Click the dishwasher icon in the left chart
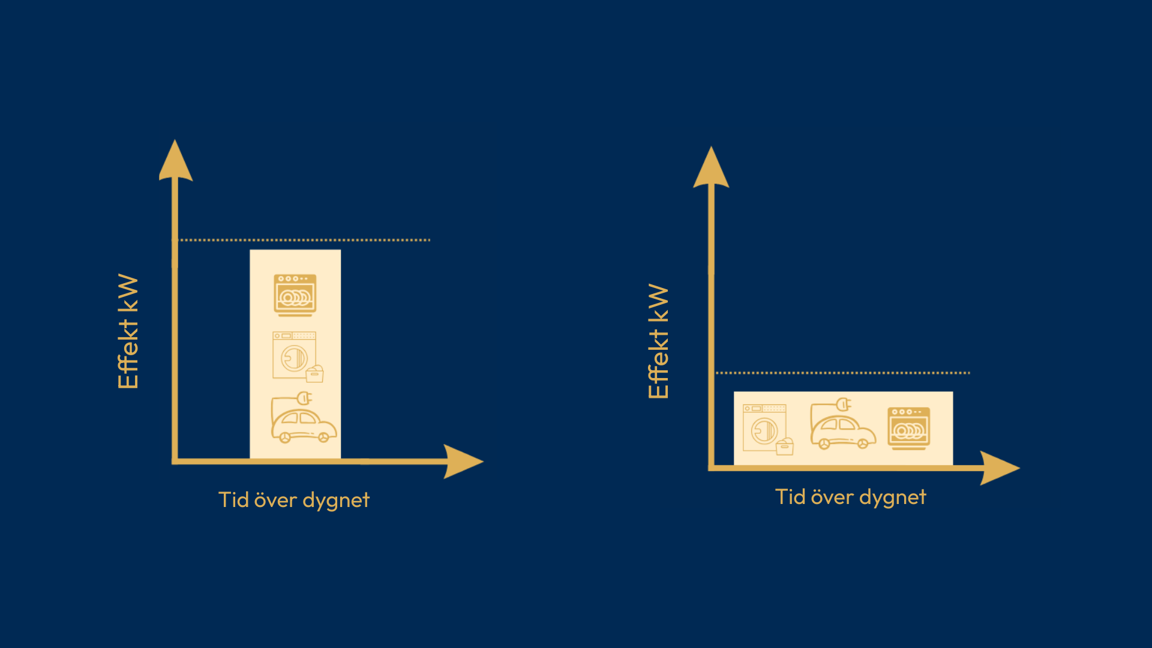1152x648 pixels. (295, 295)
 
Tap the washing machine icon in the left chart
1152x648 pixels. (298, 357)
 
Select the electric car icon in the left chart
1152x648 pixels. (304, 418)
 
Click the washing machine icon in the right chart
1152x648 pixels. (768, 430)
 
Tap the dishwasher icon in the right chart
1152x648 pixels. (908, 428)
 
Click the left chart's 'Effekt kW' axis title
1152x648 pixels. (128, 331)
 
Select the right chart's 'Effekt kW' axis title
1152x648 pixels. (658, 341)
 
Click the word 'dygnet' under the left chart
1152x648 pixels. (336, 501)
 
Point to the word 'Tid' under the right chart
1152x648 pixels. (790, 497)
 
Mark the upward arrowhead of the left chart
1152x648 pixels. (175, 160)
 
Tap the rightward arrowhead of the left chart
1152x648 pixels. (463, 461)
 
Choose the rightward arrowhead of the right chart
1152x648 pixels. (1000, 468)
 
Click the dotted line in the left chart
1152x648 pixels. (305, 240)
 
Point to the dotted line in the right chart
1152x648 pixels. (843, 373)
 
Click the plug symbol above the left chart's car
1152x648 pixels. (304, 397)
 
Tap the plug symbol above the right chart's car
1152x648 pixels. (844, 403)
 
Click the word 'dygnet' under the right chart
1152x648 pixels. (893, 498)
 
